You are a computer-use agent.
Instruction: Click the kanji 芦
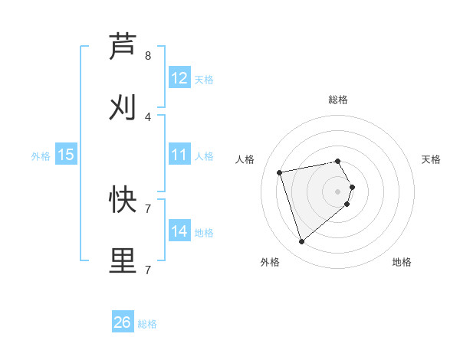pyautogui.click(x=123, y=47)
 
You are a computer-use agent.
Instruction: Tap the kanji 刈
pyautogui.click(x=123, y=107)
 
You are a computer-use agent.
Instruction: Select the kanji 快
pyautogui.click(x=123, y=200)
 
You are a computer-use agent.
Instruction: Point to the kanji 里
pyautogui.click(x=123, y=260)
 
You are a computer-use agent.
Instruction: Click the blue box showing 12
pyautogui.click(x=179, y=78)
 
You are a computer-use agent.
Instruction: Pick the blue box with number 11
pyautogui.click(x=179, y=155)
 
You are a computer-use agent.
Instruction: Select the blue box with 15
pyautogui.click(x=66, y=155)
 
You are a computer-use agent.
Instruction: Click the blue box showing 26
pyautogui.click(x=123, y=323)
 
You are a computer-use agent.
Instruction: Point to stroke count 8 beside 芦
pyautogui.click(x=148, y=56)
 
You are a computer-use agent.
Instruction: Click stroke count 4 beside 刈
pyautogui.click(x=148, y=116)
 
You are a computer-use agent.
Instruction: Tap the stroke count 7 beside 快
pyautogui.click(x=148, y=208)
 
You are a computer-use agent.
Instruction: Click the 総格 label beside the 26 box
pyautogui.click(x=147, y=324)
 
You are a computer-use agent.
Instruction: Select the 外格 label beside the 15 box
pyautogui.click(x=41, y=156)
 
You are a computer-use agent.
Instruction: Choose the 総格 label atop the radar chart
pyautogui.click(x=338, y=100)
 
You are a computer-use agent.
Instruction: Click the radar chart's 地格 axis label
pyautogui.click(x=402, y=262)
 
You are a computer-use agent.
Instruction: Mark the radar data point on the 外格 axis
pyautogui.click(x=301, y=242)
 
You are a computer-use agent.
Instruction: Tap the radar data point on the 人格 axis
pyautogui.click(x=280, y=172)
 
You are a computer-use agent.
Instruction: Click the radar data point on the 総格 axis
pyautogui.click(x=338, y=161)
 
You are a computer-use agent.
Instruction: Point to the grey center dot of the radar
pyautogui.click(x=338, y=191)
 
